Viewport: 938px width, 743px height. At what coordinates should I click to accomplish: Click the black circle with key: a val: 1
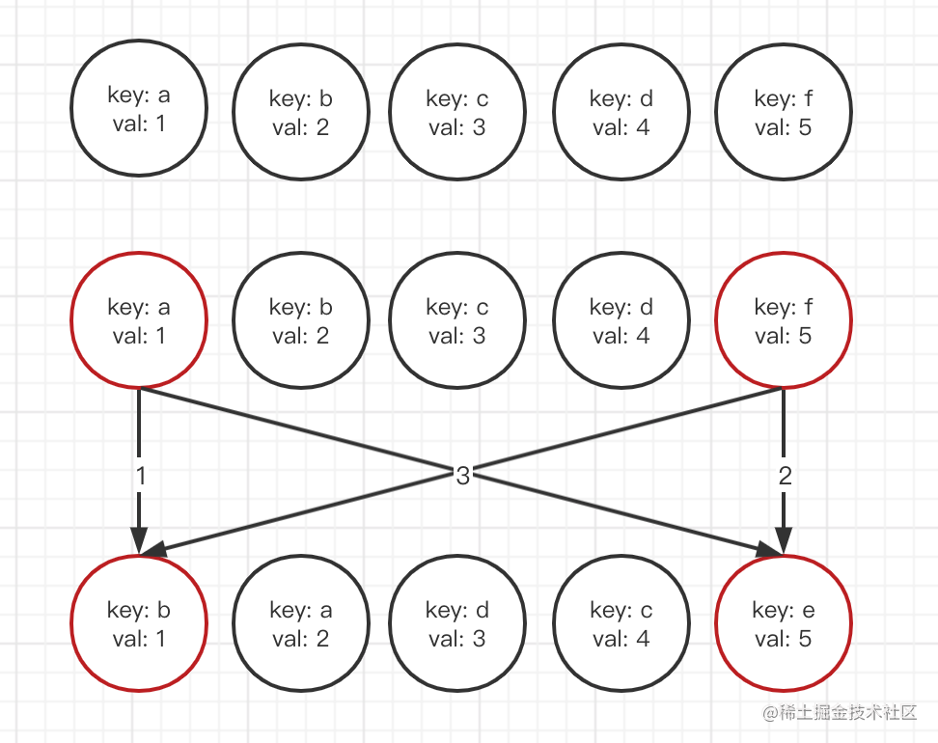point(139,108)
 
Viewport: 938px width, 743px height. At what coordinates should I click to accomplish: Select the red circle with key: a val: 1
point(139,320)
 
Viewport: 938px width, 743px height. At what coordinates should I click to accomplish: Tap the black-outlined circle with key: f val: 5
point(783,112)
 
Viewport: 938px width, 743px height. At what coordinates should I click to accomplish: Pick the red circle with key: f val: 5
point(783,320)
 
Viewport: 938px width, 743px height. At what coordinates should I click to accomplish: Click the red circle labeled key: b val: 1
point(139,623)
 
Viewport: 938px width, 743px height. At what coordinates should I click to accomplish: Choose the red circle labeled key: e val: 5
point(783,623)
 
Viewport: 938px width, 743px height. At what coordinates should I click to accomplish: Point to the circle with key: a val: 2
point(301,623)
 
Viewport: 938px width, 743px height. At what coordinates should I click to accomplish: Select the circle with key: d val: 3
point(457,623)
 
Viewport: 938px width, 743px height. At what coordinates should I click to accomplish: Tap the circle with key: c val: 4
point(621,623)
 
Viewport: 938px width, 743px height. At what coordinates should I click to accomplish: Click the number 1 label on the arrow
point(140,475)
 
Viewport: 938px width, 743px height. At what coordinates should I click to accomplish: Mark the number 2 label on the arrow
point(784,475)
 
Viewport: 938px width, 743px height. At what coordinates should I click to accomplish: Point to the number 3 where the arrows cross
point(462,475)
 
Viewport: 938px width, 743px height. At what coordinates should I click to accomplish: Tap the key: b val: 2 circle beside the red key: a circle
point(301,320)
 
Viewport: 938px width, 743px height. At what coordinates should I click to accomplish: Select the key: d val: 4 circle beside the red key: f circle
point(621,320)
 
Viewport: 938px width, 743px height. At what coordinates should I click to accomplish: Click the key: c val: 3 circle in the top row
point(457,112)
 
